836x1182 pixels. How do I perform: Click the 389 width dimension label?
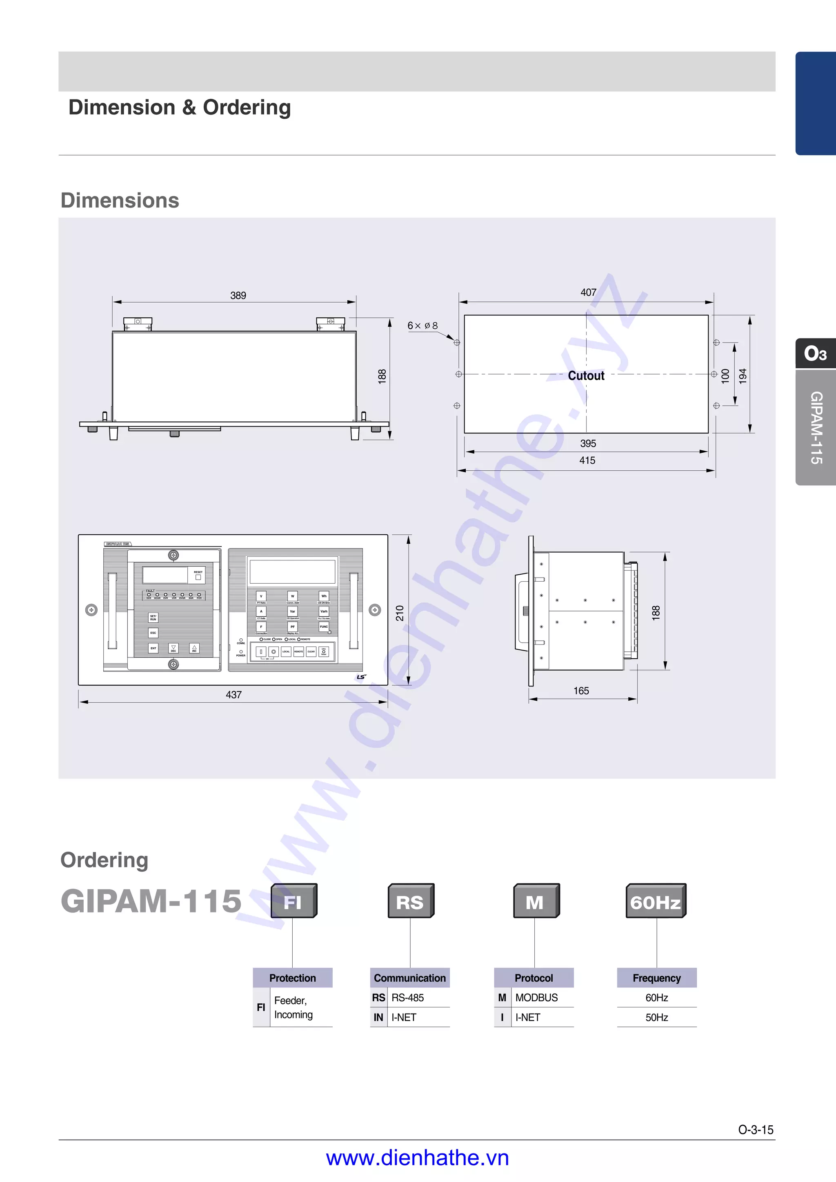click(x=238, y=295)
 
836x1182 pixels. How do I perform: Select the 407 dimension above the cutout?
click(x=588, y=292)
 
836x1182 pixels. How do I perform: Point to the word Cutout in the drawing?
click(x=586, y=376)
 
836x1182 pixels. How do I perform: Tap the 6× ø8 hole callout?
click(x=422, y=326)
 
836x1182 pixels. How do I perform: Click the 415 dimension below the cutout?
click(x=587, y=460)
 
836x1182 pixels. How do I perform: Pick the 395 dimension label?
click(x=588, y=443)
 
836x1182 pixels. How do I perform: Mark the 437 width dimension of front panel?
click(x=233, y=695)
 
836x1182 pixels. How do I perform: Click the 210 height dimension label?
click(x=400, y=613)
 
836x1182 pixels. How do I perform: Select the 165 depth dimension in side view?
click(x=581, y=691)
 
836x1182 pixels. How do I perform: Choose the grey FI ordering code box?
click(x=293, y=901)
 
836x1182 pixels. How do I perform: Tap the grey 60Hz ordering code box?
click(x=655, y=901)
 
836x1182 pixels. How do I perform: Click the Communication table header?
click(x=409, y=978)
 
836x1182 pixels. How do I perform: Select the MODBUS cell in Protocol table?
click(x=536, y=998)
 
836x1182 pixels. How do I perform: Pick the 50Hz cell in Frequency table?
click(x=657, y=1017)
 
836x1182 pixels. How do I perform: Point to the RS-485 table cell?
click(x=407, y=998)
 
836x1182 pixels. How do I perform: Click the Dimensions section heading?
click(x=120, y=200)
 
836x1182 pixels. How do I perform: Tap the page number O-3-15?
click(x=756, y=1129)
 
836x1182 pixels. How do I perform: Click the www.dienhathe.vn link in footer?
click(x=417, y=1158)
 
